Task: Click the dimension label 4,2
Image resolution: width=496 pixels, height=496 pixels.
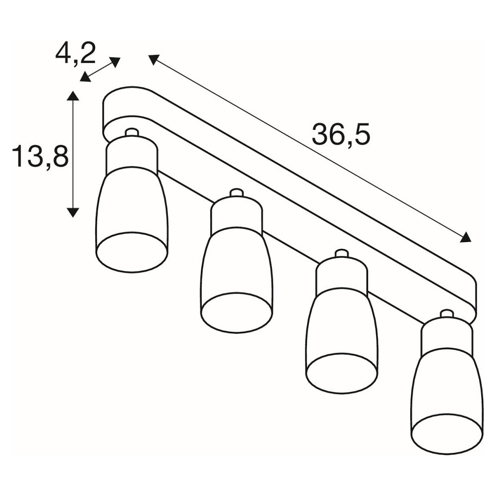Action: tap(75, 54)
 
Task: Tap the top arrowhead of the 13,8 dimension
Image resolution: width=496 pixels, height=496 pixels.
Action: tap(73, 96)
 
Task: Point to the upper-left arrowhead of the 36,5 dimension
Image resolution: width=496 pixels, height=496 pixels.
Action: tap(153, 59)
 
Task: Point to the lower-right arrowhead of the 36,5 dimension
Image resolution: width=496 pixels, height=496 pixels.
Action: tap(466, 237)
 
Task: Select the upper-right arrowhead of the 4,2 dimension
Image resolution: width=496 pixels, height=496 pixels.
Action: tap(115, 62)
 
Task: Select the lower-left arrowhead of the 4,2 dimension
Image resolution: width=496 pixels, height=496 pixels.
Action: tap(85, 77)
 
